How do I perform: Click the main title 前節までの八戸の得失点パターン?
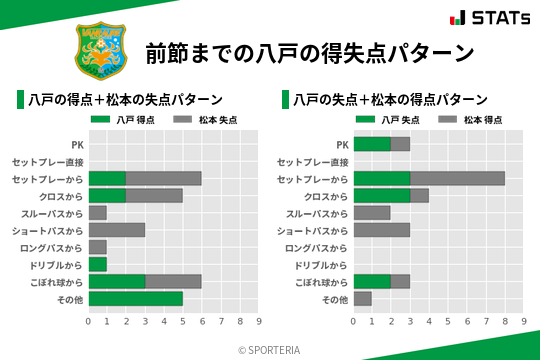click(310, 52)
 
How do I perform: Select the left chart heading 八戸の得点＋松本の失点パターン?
click(125, 99)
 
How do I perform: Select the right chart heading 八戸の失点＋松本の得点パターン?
click(390, 99)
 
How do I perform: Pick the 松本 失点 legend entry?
click(196, 119)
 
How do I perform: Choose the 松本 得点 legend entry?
click(460, 119)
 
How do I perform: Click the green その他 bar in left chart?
click(135, 299)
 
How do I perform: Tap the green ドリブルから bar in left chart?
click(97, 264)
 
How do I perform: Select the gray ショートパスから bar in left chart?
click(116, 230)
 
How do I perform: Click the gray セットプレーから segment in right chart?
click(457, 178)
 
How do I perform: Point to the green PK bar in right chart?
click(372, 144)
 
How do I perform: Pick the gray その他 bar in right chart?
click(362, 299)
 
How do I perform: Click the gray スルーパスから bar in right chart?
click(372, 213)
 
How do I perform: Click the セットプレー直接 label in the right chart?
click(313, 161)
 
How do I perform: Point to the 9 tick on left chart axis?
click(259, 321)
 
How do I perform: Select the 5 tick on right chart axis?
click(448, 321)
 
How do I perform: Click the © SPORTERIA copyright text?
click(269, 350)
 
